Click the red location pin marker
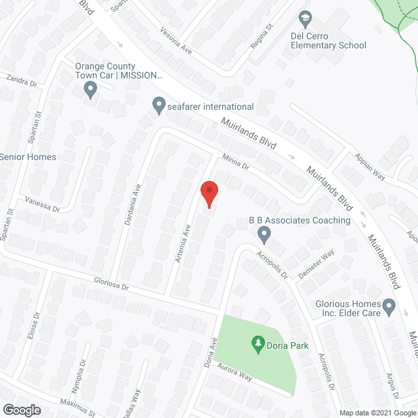tap(209, 193)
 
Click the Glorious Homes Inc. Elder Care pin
tap(389, 305)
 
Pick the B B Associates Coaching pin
tap(265, 233)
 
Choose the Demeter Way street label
tap(316, 263)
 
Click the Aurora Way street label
tap(235, 374)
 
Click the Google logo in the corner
tap(22, 410)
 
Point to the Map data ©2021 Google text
tap(376, 412)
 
